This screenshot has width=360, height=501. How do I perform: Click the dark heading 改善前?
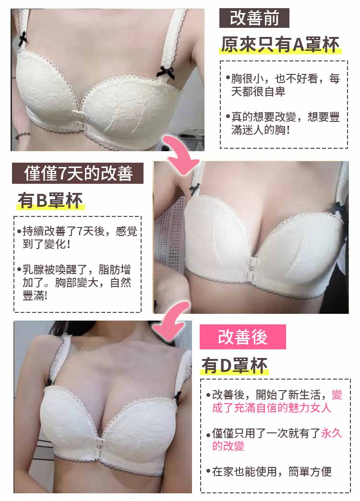pos(254,18)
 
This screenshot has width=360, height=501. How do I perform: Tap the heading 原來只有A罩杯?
pos(280,45)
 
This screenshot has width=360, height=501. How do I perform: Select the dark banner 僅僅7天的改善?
pos(78,173)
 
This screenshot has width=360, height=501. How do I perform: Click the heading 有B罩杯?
pos(50,200)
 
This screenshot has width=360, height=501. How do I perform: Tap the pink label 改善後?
pos(243,337)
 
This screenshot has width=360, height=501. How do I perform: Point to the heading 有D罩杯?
pos(234,366)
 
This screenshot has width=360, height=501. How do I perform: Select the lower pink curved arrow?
pos(171,321)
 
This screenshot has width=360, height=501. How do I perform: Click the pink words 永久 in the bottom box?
pos(331,433)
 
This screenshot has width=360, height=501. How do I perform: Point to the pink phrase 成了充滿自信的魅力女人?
pos(271,408)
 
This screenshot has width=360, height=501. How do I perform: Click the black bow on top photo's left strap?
pos(23,39)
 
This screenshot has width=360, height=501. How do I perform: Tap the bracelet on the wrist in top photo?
pos(22,135)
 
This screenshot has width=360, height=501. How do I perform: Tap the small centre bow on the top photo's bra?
pos(79,114)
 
